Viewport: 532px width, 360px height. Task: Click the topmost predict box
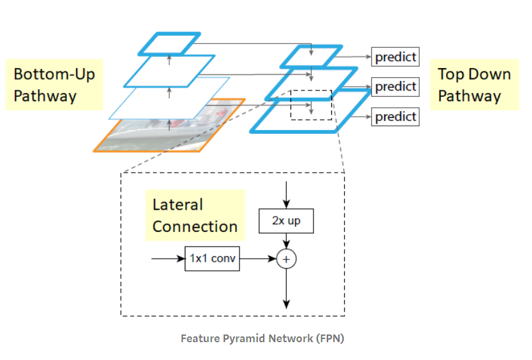click(x=395, y=57)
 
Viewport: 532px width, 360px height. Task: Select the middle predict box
click(x=395, y=86)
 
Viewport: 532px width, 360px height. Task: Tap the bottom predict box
click(x=395, y=117)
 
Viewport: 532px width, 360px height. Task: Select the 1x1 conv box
click(x=212, y=259)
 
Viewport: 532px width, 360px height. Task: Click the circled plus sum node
click(x=287, y=259)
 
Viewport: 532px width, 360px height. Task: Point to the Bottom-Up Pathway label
click(x=54, y=85)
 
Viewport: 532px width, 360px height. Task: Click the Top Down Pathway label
click(x=474, y=85)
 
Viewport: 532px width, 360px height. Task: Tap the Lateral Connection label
click(x=194, y=215)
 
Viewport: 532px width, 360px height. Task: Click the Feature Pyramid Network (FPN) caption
click(x=262, y=338)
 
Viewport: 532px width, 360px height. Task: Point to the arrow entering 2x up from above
click(x=286, y=194)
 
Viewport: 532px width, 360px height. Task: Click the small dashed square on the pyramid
click(x=311, y=104)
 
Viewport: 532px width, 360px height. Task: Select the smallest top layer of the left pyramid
click(x=169, y=43)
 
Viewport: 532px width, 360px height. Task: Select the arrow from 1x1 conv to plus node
click(x=257, y=259)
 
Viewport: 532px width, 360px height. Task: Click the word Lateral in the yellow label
click(x=178, y=205)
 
